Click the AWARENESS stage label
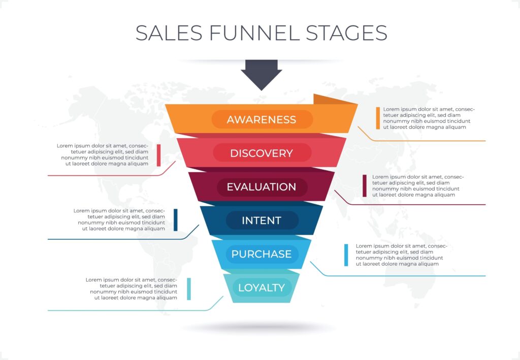click(262, 120)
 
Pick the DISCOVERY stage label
click(262, 153)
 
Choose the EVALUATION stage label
click(262, 187)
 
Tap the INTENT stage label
click(262, 220)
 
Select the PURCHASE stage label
click(262, 254)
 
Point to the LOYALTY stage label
click(262, 288)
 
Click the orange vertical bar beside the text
click(378, 118)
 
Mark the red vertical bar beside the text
click(158, 155)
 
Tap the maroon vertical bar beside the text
click(365, 186)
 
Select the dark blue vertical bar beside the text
click(176, 219)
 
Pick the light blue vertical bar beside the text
click(346, 255)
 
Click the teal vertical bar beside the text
click(189, 288)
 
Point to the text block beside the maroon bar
click(417, 186)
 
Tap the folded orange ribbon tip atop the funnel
click(333, 100)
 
